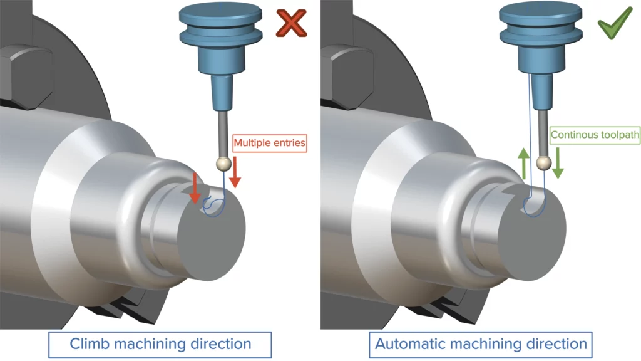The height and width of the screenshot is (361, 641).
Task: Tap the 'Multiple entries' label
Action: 270,143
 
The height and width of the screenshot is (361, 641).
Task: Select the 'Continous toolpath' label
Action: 595,135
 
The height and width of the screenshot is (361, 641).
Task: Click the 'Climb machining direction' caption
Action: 160,343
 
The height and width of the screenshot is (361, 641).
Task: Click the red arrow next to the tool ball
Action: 235,172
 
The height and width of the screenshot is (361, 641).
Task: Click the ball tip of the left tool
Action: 220,164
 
